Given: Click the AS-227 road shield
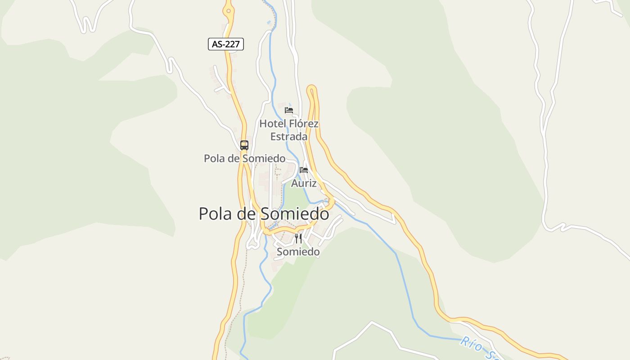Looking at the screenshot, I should [x=225, y=44].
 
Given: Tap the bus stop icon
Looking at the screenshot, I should [x=244, y=145].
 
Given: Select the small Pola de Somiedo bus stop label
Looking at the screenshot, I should [x=244, y=158].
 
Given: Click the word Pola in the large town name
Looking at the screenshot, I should [x=215, y=214].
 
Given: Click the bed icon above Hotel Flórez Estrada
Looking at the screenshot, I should [x=289, y=110].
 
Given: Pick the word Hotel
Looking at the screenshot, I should [x=273, y=124].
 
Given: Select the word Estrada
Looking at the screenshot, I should [x=289, y=136].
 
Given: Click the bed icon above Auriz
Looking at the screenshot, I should [x=304, y=170].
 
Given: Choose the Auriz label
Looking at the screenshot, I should [x=304, y=183].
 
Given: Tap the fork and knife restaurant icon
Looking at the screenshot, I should [x=298, y=238].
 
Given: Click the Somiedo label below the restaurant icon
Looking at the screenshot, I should [x=298, y=252].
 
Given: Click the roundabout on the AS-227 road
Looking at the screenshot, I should [x=229, y=10].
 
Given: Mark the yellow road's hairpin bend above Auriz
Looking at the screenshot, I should [x=311, y=89].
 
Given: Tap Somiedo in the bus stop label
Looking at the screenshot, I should [x=264, y=158].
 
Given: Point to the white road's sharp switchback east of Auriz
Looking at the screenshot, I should [x=394, y=220].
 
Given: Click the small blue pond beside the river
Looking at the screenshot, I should [x=269, y=22].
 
